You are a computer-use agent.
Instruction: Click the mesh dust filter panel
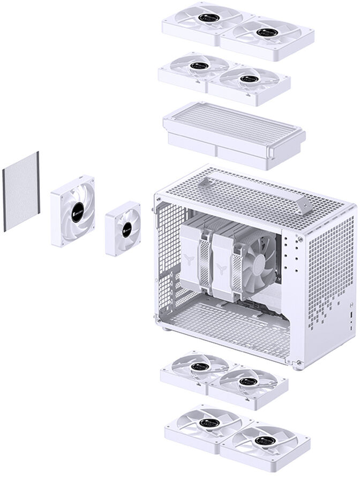(21, 191)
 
